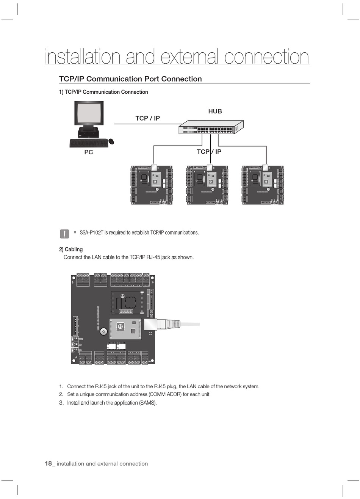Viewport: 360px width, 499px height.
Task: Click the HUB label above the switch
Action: pos(215,111)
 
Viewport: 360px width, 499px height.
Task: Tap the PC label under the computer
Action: pos(88,152)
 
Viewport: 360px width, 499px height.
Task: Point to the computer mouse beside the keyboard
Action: pos(111,141)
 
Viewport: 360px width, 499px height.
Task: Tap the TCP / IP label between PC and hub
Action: pos(147,118)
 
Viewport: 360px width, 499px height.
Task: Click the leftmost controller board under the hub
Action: pos(152,185)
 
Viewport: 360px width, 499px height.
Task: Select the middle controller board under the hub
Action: pos(207,185)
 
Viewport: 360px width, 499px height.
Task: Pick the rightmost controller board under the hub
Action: pos(263,185)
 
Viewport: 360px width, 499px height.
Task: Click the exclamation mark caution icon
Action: pos(64,234)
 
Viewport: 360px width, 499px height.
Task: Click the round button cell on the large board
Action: pos(103,332)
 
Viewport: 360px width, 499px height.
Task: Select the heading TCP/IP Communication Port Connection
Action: pos(130,79)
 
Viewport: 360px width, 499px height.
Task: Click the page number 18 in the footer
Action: pos(48,463)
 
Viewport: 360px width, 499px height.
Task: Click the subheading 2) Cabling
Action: pos(71,249)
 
